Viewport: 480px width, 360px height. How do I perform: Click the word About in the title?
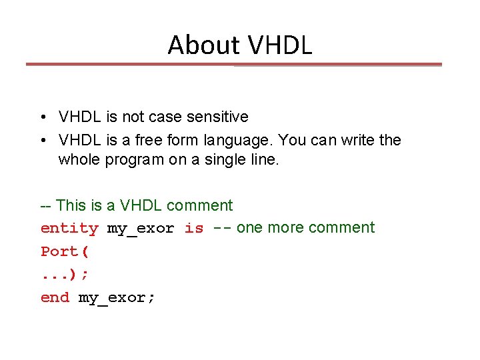(x=204, y=45)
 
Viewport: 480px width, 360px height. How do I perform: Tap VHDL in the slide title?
(x=279, y=45)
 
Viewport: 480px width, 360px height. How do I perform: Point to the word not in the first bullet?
(x=132, y=117)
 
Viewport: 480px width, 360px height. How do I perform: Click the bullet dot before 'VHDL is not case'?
(x=41, y=117)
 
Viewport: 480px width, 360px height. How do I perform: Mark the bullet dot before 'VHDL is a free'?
(x=41, y=141)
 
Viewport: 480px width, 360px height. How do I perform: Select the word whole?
(x=79, y=160)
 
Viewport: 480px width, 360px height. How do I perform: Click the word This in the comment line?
(x=72, y=205)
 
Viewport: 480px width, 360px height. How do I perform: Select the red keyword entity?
(x=69, y=228)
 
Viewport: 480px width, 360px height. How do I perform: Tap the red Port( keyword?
(x=65, y=251)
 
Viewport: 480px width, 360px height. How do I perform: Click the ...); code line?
(x=65, y=275)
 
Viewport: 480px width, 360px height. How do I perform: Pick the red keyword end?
(x=55, y=298)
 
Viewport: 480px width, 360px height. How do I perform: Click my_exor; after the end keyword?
(x=117, y=298)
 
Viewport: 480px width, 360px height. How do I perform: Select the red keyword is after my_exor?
(x=194, y=228)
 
